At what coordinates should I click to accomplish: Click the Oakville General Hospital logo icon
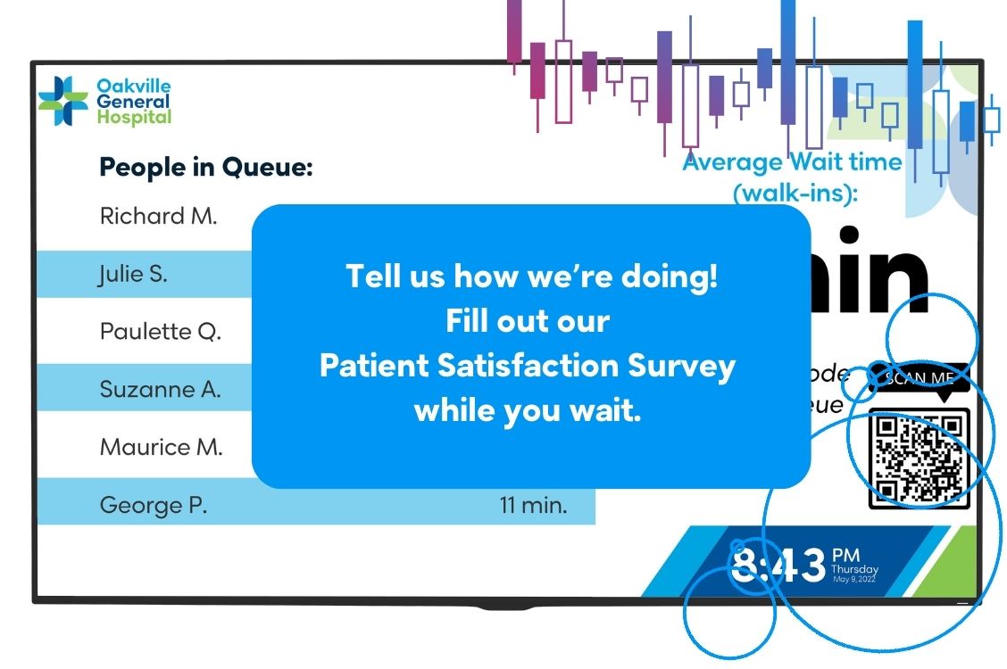tap(62, 101)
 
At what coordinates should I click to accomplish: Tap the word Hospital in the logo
tap(134, 117)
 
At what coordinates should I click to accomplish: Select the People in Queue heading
tap(205, 167)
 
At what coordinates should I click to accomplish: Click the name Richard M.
tap(158, 216)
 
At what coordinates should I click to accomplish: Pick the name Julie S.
tap(133, 275)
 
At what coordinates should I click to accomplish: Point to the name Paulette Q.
tap(160, 332)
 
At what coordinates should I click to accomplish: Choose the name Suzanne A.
tap(160, 390)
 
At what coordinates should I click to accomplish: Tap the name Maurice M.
tap(161, 447)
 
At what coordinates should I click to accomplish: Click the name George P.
tap(153, 506)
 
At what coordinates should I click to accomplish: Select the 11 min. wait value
tap(533, 506)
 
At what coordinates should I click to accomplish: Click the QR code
tap(919, 458)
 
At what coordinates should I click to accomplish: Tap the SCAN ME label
tap(919, 378)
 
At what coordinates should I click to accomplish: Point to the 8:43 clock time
tap(778, 566)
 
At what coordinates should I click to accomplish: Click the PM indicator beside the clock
tap(845, 557)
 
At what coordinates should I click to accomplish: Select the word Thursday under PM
tap(854, 570)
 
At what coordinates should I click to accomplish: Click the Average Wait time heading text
tap(792, 162)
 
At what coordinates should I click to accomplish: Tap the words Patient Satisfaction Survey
tap(527, 366)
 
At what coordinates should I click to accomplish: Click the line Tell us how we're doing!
tap(531, 276)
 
